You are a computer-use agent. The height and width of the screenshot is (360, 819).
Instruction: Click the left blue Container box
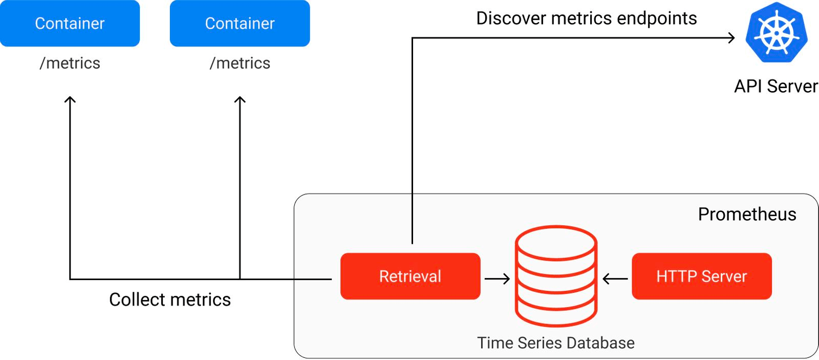(x=70, y=24)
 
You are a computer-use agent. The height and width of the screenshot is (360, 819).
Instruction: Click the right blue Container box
(x=240, y=24)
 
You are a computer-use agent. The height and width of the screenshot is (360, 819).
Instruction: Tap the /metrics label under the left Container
(x=70, y=63)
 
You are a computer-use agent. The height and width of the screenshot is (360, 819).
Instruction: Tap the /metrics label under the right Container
(x=240, y=63)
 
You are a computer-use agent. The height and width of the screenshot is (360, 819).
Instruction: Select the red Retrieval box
(x=410, y=276)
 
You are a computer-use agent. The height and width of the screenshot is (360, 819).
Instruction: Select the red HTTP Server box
(x=701, y=276)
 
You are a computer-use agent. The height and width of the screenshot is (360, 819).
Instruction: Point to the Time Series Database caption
(x=555, y=343)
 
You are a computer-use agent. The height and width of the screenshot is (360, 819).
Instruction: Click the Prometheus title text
(x=747, y=214)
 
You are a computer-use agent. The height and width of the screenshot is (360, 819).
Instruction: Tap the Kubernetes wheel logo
(x=776, y=33)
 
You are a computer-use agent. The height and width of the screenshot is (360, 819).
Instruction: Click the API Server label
(x=775, y=86)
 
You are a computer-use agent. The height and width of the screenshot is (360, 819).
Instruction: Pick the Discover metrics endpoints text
(x=586, y=18)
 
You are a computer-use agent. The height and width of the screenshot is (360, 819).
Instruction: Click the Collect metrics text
(x=170, y=300)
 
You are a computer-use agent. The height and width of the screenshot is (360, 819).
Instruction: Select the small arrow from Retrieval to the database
(x=497, y=279)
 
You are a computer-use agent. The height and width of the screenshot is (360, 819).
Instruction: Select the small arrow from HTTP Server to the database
(x=615, y=279)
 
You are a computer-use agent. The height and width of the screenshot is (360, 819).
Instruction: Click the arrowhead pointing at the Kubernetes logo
(x=731, y=37)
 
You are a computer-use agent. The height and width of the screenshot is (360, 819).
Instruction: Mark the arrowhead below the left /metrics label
(x=70, y=99)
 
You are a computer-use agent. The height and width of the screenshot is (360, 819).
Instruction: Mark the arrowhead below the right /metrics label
(x=240, y=99)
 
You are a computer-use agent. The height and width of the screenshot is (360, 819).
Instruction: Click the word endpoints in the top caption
(x=657, y=18)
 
